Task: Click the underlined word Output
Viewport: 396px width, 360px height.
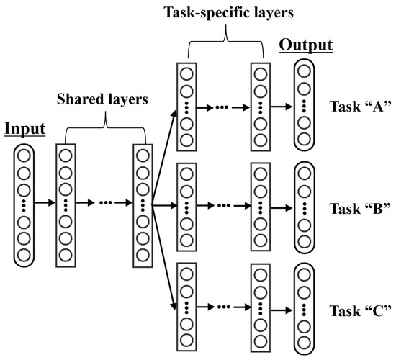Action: coord(306,45)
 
